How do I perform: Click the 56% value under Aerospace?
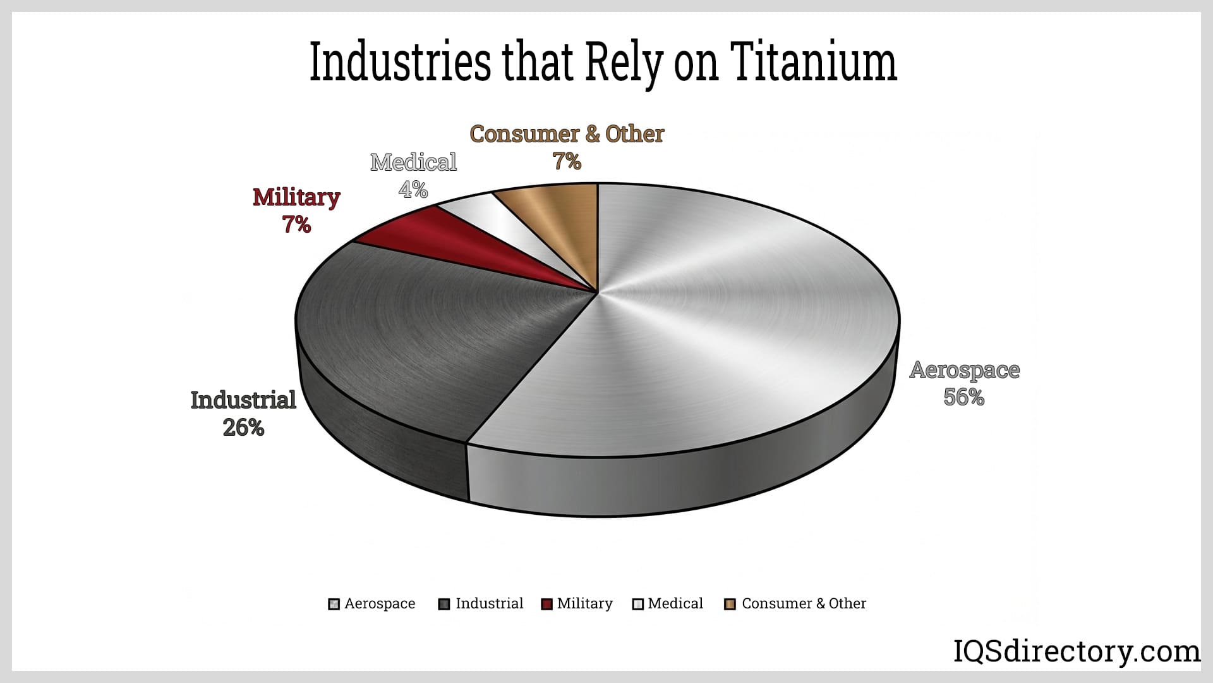click(x=963, y=397)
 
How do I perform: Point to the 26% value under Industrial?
click(x=243, y=428)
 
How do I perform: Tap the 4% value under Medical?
click(x=413, y=189)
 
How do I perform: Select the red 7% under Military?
click(x=296, y=225)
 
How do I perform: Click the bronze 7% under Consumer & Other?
click(x=567, y=162)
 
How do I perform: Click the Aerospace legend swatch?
click(x=334, y=604)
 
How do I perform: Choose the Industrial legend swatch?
click(x=444, y=604)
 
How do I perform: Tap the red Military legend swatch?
click(x=547, y=604)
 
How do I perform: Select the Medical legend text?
click(x=675, y=603)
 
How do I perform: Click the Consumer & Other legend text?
click(x=804, y=603)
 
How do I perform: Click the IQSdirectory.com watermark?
click(x=1077, y=651)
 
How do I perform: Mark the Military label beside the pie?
click(x=296, y=197)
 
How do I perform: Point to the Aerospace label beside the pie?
click(x=964, y=370)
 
